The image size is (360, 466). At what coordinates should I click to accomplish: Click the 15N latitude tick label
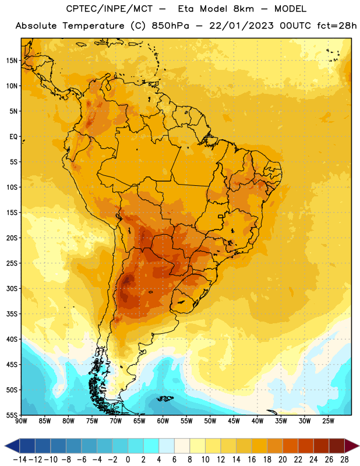point(12,61)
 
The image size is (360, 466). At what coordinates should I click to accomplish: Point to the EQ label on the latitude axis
point(13,137)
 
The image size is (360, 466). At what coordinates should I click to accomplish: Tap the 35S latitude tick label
point(12,314)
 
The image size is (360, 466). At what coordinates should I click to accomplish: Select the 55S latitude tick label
point(12,415)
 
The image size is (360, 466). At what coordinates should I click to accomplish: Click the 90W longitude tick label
point(22,421)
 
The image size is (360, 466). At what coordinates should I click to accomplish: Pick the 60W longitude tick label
point(163,421)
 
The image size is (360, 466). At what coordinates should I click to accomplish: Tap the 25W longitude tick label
point(328,421)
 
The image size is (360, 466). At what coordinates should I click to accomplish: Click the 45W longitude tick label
point(234,421)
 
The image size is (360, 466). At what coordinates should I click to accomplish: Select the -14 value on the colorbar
point(20,460)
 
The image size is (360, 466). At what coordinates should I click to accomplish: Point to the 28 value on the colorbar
point(344,460)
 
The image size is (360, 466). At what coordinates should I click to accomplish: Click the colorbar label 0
point(128,460)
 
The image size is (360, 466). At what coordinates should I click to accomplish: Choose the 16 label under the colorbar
point(252,460)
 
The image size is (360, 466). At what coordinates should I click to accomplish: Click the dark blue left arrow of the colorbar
point(12,446)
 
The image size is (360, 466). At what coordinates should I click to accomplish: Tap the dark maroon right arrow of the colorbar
point(352,446)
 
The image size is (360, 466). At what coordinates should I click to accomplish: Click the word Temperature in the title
point(94,26)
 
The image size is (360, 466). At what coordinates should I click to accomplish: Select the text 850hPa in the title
point(170,26)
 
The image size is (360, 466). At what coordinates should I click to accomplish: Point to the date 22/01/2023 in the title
point(241,26)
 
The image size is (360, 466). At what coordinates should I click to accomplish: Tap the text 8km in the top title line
point(243,9)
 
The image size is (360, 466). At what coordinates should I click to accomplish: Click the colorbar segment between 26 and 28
point(337,446)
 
